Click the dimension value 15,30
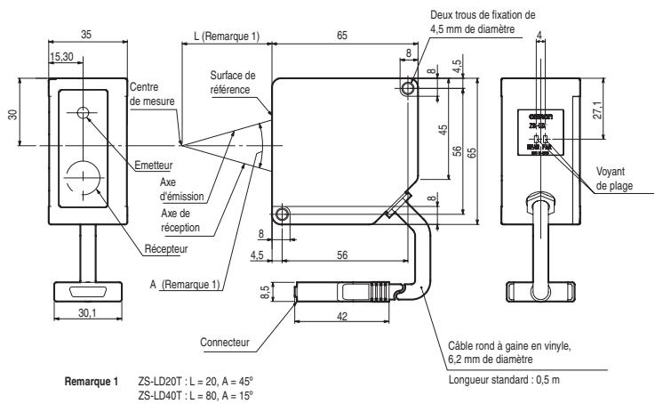pos(62,56)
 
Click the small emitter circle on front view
pos(84,112)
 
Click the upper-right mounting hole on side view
pos(408,87)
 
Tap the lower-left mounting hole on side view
pos(283,214)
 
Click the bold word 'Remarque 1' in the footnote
pos(92,379)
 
